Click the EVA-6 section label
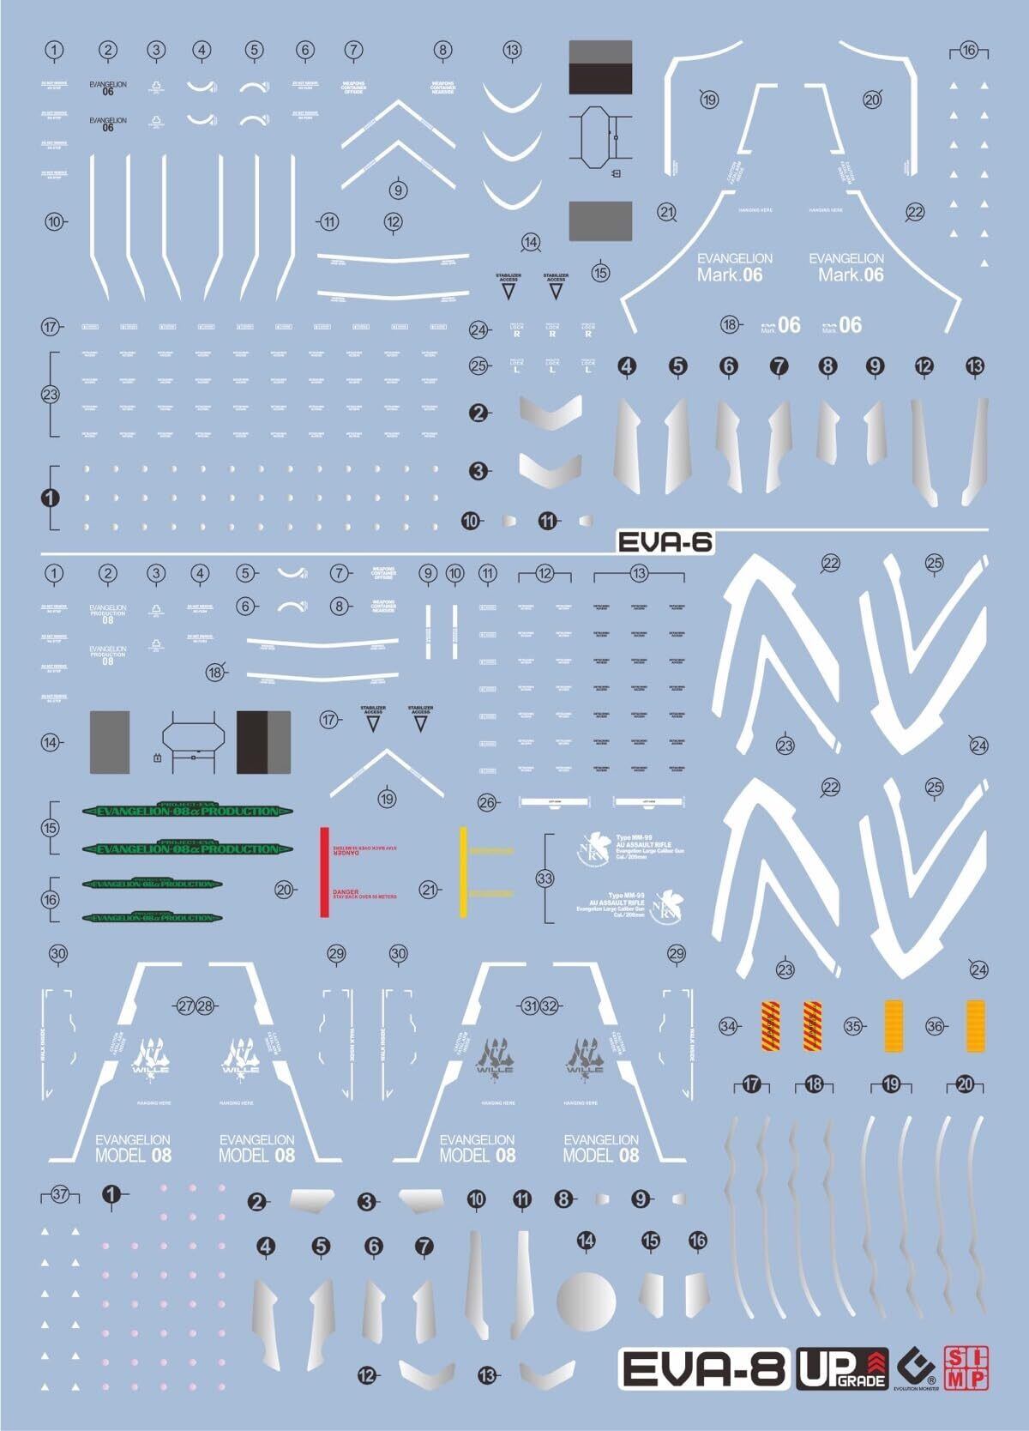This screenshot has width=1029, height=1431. point(665,541)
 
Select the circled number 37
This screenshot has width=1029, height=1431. point(59,1194)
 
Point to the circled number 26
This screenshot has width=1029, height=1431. point(488,803)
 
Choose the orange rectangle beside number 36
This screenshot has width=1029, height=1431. point(976,1025)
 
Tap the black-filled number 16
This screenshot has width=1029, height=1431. point(698,1240)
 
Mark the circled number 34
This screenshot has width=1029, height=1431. point(729,1025)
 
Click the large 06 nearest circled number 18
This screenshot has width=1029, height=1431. point(788,324)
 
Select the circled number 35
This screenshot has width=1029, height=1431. point(852,1025)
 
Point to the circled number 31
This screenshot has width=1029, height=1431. point(531,1005)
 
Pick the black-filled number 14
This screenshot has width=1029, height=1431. point(586,1240)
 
